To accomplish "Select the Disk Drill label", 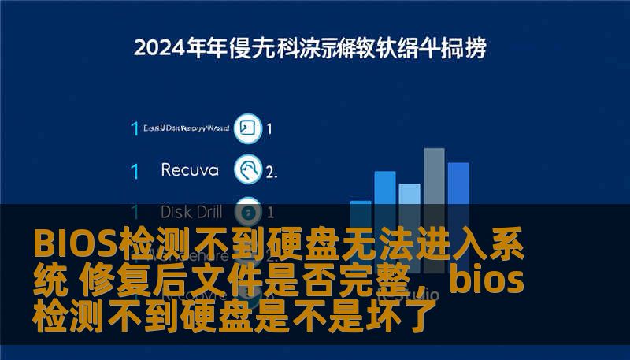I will click(191, 212).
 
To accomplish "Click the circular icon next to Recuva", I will click(248, 169).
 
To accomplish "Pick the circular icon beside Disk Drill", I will click(249, 211).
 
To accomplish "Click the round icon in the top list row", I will click(247, 128).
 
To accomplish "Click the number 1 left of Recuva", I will click(135, 170).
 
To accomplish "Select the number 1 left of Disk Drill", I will click(135, 212).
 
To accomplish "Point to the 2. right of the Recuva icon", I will click(272, 171).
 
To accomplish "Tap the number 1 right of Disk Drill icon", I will click(271, 212).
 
